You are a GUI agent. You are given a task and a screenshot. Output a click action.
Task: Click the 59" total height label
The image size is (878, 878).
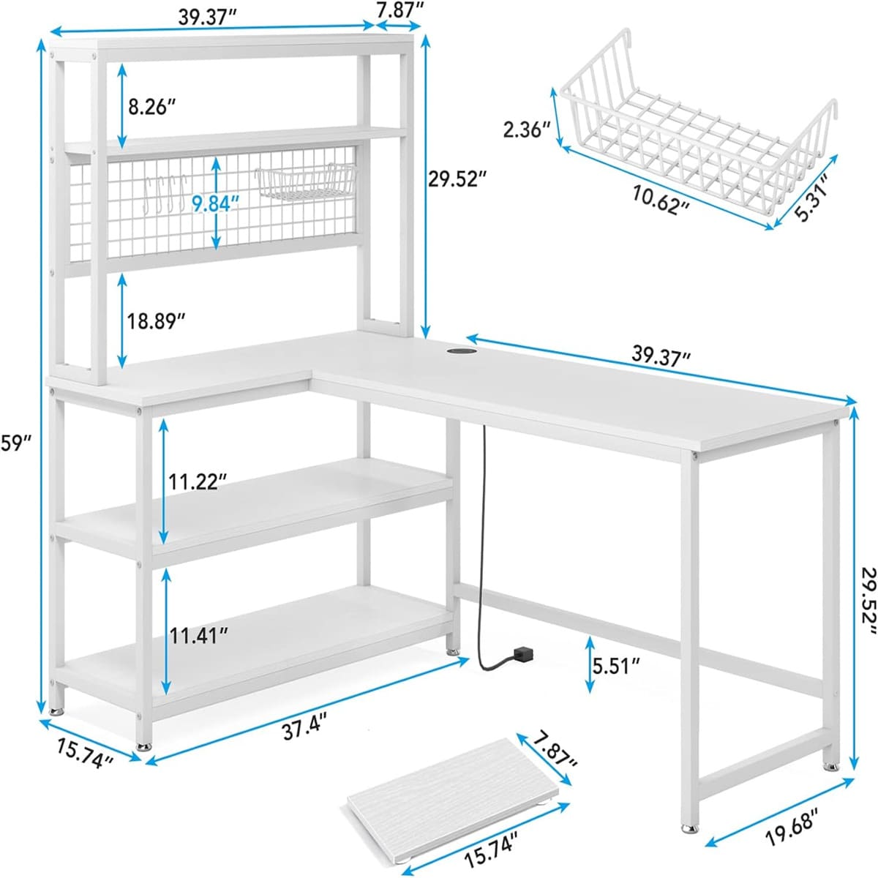tap(15, 443)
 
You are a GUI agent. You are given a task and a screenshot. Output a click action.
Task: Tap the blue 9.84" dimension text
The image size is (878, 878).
tap(215, 203)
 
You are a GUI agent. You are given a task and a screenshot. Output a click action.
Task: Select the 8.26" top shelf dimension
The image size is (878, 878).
tap(151, 108)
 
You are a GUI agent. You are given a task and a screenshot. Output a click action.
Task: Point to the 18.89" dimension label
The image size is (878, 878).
tap(155, 322)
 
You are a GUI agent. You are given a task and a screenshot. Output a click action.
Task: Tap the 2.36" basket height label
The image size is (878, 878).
tap(527, 130)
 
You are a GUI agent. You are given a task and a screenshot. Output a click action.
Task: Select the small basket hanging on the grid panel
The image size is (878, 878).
tap(305, 181)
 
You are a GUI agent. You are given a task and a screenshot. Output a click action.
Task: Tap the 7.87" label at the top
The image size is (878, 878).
tap(397, 10)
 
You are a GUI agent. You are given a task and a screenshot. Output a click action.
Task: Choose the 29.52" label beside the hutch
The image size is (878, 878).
tap(453, 179)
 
